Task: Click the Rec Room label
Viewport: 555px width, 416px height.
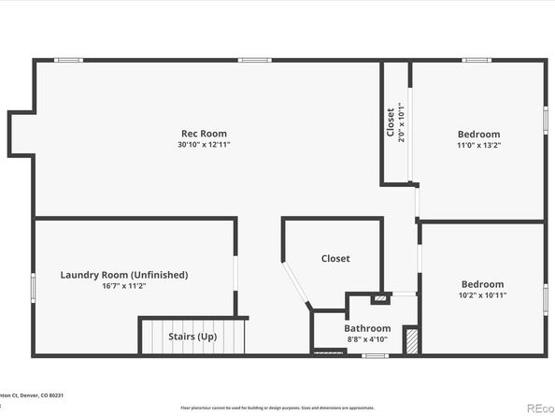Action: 204,134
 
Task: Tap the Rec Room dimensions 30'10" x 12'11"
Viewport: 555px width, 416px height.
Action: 204,145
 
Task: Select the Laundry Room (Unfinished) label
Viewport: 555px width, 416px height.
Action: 124,275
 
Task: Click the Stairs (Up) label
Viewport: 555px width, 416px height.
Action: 192,336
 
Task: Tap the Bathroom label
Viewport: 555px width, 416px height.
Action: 367,328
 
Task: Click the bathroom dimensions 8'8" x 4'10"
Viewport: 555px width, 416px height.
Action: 367,339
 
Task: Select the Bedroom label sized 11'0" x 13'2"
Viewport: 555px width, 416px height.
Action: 478,134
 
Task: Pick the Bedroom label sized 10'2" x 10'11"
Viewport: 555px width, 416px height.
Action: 482,284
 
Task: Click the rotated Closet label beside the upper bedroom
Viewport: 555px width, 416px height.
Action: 391,122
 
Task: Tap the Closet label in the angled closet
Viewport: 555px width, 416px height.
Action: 335,258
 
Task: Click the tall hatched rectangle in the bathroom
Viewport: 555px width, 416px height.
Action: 411,339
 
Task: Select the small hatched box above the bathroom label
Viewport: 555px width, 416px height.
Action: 378,299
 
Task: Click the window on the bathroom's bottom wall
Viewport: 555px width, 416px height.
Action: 375,355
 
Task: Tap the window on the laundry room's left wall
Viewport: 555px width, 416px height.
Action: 34,286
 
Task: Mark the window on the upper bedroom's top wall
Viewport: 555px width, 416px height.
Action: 477,61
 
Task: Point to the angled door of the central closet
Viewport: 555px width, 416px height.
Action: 297,286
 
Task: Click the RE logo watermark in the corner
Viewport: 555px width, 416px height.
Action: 539,408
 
